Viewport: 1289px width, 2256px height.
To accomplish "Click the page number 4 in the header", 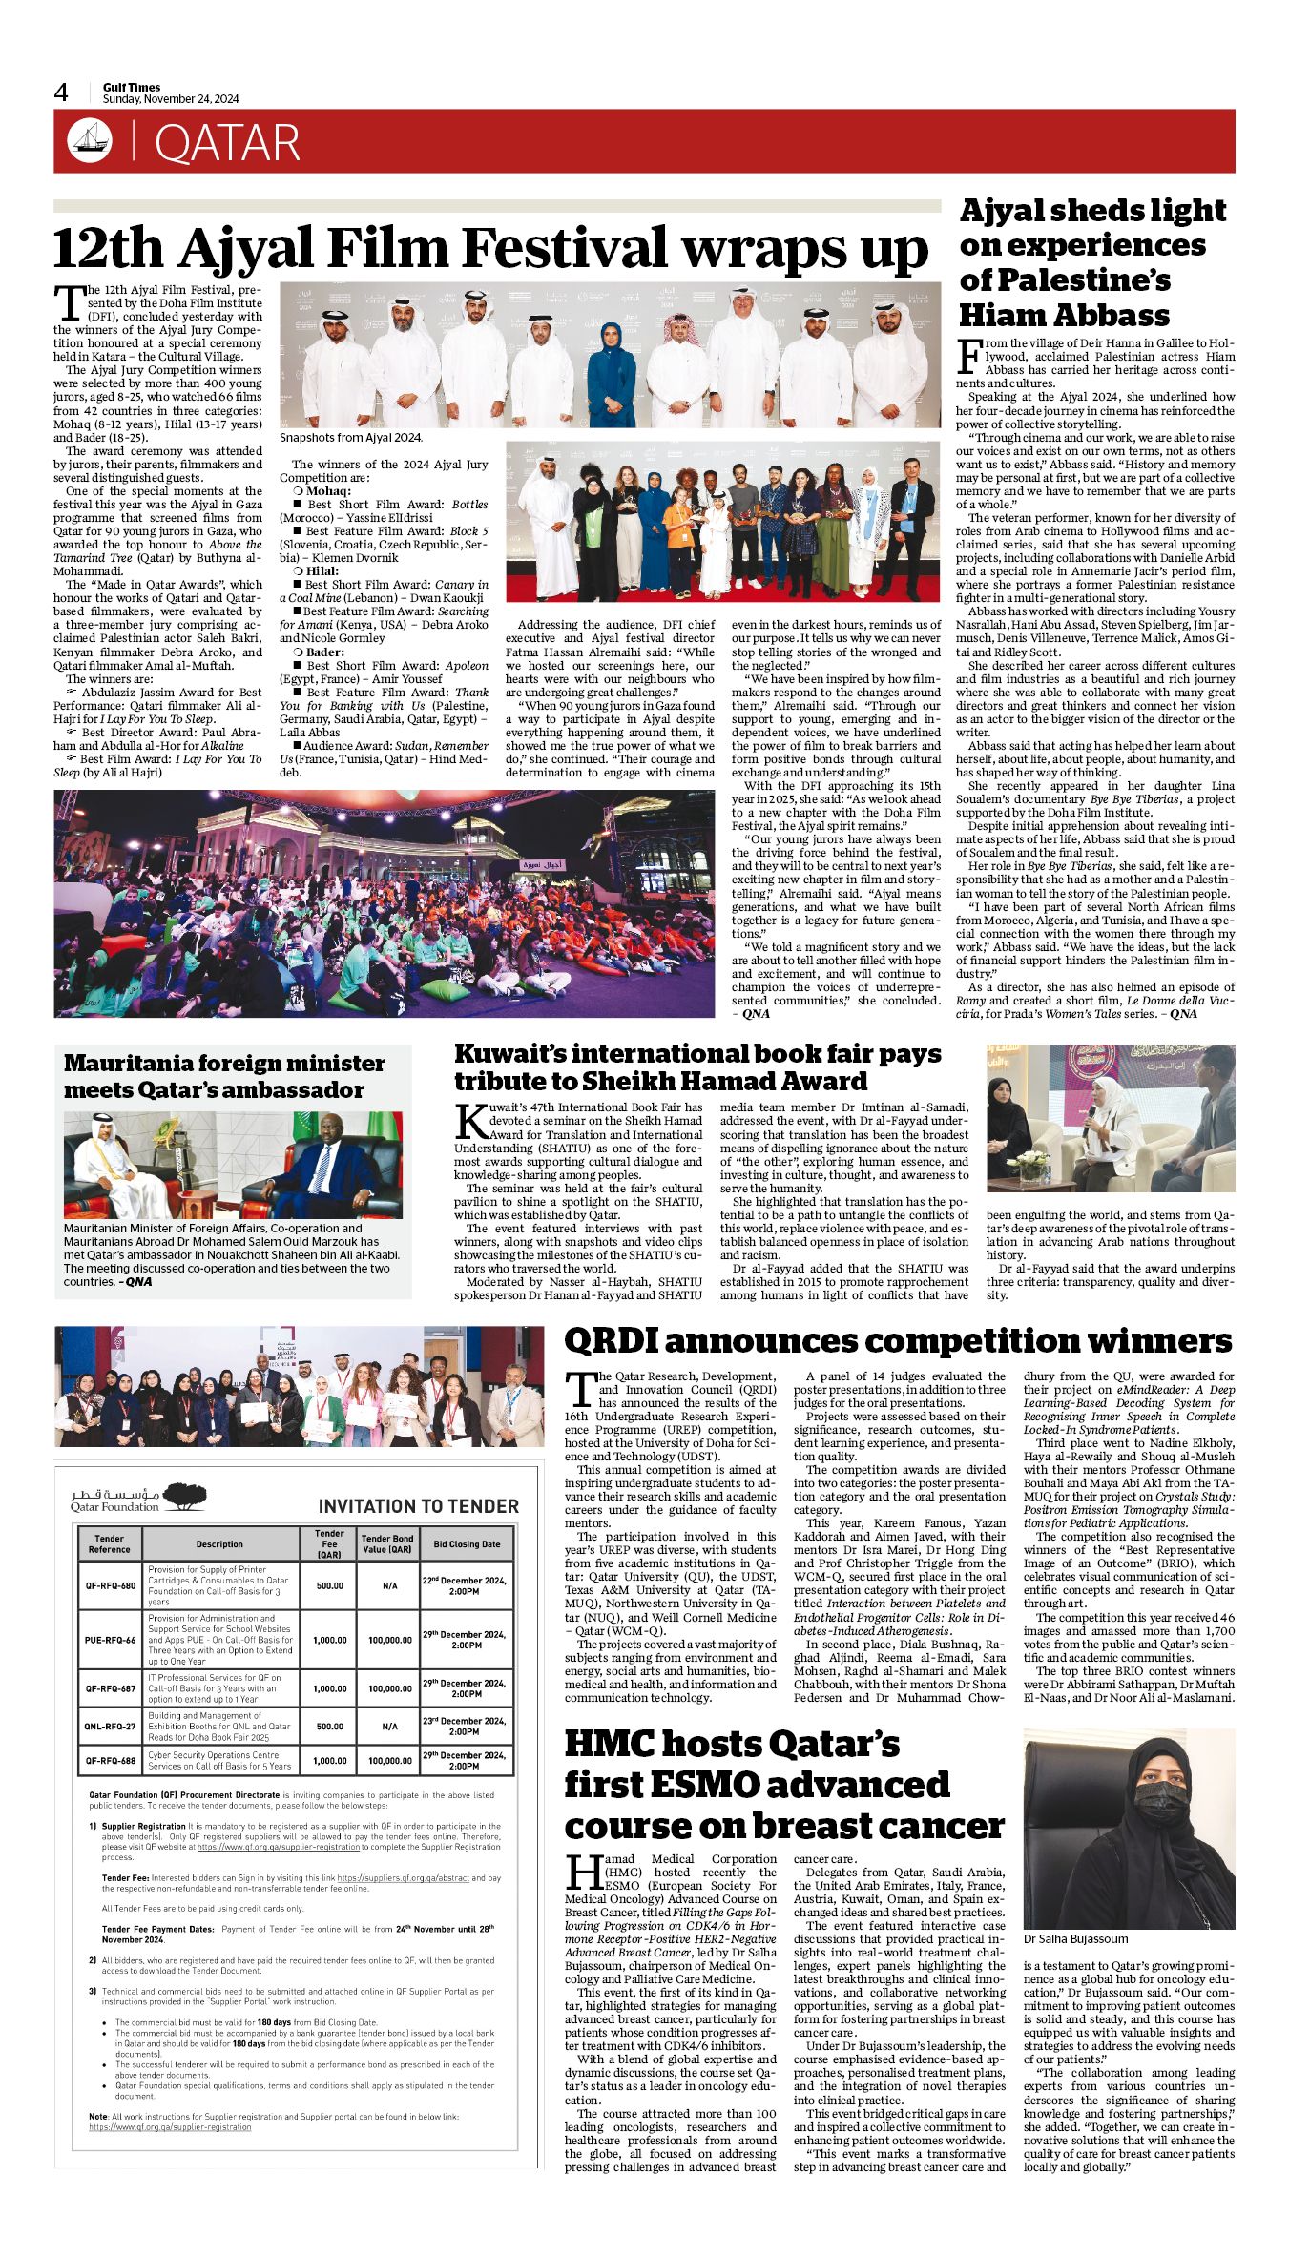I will click(x=61, y=93).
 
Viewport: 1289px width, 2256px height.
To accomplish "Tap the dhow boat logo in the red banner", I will click(x=90, y=141).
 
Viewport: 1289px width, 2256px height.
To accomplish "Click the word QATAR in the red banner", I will click(x=227, y=144).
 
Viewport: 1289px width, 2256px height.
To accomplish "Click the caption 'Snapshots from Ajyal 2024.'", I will click(x=350, y=438).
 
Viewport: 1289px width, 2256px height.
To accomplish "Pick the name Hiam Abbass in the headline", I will click(x=1064, y=315).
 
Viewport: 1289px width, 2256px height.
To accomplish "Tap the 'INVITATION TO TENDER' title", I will click(x=418, y=1506).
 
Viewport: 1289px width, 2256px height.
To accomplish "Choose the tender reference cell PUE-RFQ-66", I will click(x=110, y=1640).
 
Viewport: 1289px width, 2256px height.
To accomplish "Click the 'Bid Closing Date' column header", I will click(x=467, y=1543).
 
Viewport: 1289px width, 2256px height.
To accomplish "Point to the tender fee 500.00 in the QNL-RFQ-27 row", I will click(x=329, y=1727).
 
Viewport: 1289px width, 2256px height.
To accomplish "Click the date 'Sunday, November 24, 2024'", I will click(x=171, y=99).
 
